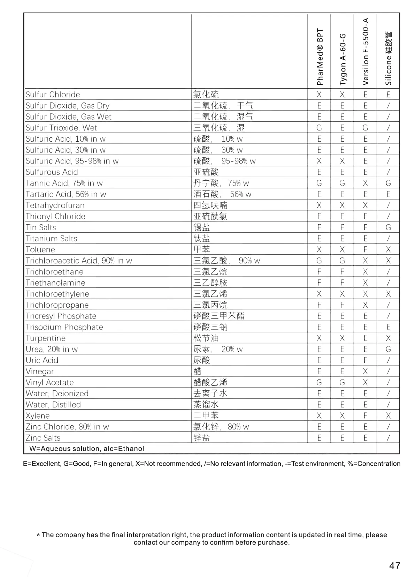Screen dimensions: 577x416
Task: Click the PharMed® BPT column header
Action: pos(319,57)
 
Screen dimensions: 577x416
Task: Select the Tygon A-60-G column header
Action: pos(343,59)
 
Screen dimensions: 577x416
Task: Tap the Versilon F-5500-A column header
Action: pos(365,52)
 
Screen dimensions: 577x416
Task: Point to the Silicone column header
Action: pos(388,58)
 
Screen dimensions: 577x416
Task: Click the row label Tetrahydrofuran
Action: pos(55,205)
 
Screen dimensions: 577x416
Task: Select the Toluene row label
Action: pos(40,249)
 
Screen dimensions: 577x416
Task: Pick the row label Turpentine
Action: pos(45,338)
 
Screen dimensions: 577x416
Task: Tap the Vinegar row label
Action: pos(40,371)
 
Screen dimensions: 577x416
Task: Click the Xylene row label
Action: pos(38,415)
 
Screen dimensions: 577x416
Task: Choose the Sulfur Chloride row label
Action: pos(53,95)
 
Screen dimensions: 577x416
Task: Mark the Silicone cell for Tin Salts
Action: pos(388,227)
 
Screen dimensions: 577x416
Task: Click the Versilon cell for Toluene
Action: pos(365,249)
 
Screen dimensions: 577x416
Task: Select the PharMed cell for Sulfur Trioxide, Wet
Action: pos(319,128)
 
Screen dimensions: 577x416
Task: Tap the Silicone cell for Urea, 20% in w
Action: pos(388,349)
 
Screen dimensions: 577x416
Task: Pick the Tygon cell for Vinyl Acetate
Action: pos(342,382)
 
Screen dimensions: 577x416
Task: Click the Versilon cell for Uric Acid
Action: pos(365,360)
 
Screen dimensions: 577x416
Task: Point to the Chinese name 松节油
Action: pos(206,338)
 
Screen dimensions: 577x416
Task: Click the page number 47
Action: pos(395,565)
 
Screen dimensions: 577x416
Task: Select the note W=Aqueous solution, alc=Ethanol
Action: pos(87,449)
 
